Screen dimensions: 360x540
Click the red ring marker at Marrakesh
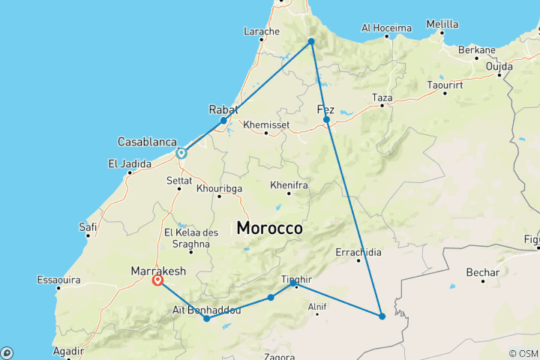(x=157, y=280)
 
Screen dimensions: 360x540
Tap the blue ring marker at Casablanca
(x=181, y=153)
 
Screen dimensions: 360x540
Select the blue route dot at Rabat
(x=223, y=120)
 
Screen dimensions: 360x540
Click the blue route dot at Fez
(x=327, y=119)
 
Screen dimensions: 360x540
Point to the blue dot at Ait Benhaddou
(x=206, y=319)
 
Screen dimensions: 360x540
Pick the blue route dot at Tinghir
(x=292, y=283)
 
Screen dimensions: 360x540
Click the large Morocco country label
(x=270, y=228)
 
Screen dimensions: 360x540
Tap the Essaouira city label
(x=58, y=280)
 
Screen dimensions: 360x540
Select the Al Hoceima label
(x=386, y=28)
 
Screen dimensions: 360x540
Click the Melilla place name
(x=442, y=24)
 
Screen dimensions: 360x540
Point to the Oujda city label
(x=499, y=66)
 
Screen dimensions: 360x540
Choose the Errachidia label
(x=358, y=251)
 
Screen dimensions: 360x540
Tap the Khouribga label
(x=219, y=187)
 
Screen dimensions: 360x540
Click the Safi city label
(x=88, y=226)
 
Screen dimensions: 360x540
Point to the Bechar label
(x=482, y=271)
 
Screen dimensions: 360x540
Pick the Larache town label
(x=262, y=31)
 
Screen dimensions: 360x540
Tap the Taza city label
(x=382, y=97)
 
